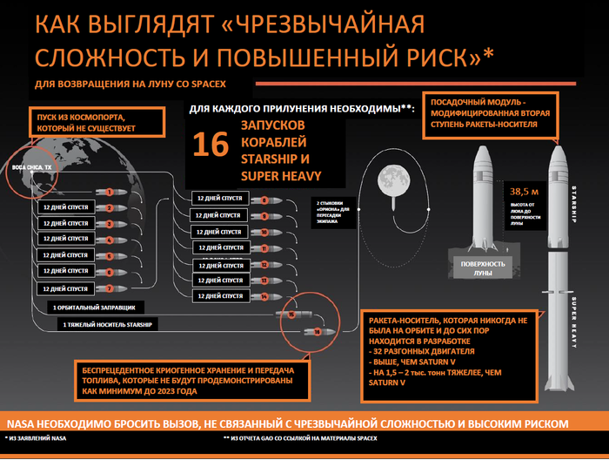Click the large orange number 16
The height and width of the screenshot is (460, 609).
(210, 145)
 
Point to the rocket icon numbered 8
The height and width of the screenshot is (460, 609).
(264, 201)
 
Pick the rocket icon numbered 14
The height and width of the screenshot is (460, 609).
(264, 296)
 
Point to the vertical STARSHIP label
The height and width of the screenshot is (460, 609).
(575, 207)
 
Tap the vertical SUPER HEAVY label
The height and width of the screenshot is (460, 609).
(575, 322)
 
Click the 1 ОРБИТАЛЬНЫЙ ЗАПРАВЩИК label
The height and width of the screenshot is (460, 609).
(93, 308)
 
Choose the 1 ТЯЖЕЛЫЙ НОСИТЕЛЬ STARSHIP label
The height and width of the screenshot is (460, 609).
(102, 325)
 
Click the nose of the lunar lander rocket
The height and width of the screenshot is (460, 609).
(482, 149)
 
